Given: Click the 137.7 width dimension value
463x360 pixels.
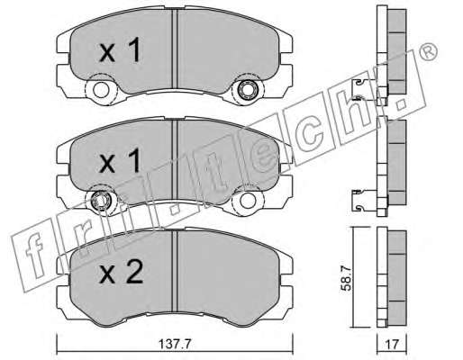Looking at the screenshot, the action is tap(175, 345).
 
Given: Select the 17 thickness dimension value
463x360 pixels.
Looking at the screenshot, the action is tap(392, 345).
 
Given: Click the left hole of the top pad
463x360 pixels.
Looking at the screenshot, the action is tap(101, 89).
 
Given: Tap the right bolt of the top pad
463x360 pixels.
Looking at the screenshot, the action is tap(247, 89).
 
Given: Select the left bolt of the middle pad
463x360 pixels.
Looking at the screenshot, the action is tap(101, 200).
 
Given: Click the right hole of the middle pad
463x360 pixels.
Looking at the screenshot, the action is tap(248, 200).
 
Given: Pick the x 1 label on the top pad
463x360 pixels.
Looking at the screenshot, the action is tap(120, 50).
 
